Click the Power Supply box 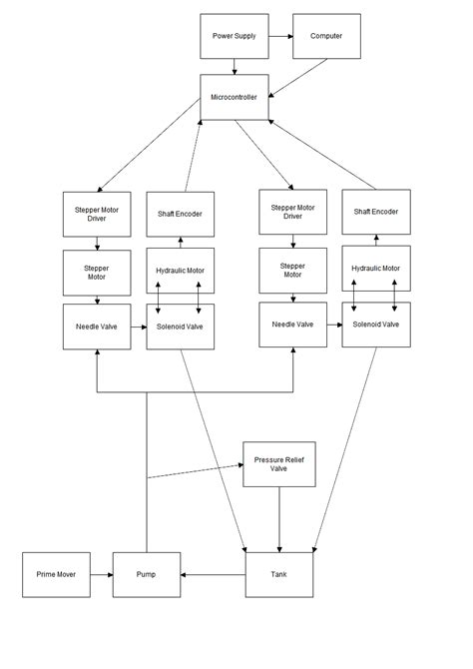pyautogui.click(x=235, y=36)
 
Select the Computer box pyautogui.click(x=325, y=36)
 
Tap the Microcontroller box pyautogui.click(x=235, y=97)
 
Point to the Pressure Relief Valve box pyautogui.click(x=278, y=464)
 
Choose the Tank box pyautogui.click(x=278, y=574)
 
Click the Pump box pyautogui.click(x=147, y=574)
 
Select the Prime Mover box pyautogui.click(x=56, y=574)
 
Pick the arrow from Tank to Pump pyautogui.click(x=213, y=574)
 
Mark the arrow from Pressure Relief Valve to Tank pyautogui.click(x=278, y=518)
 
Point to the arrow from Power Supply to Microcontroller pyautogui.click(x=235, y=66)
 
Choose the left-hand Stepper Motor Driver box pyautogui.click(x=97, y=213)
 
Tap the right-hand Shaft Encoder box pyautogui.click(x=376, y=212)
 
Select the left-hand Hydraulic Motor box pyautogui.click(x=181, y=270)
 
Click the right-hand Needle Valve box pyautogui.click(x=292, y=325)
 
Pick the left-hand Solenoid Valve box pyautogui.click(x=181, y=327)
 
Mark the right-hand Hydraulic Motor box pyautogui.click(x=376, y=269)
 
